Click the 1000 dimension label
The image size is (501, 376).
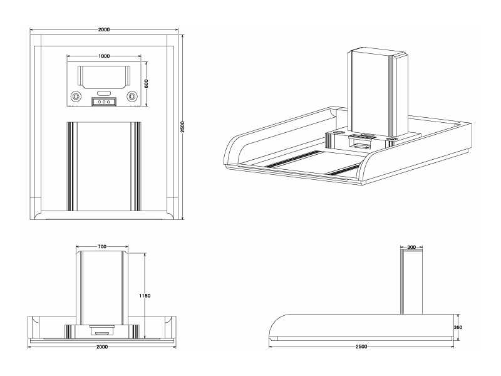(104, 56)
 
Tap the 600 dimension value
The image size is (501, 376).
(146, 84)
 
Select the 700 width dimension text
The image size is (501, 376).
(101, 247)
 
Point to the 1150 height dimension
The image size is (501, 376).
(147, 295)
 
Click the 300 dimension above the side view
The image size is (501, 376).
(411, 248)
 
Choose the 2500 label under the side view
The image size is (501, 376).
(361, 346)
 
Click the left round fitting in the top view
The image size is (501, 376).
(76, 97)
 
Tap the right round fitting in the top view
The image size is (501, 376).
(132, 97)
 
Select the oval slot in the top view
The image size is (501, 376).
(104, 93)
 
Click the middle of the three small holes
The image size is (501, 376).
(104, 102)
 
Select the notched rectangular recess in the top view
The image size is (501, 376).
(104, 76)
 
